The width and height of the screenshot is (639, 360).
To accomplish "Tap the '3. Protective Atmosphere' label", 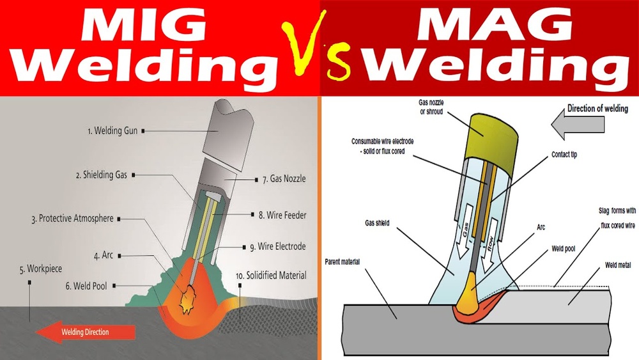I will coord(72,219).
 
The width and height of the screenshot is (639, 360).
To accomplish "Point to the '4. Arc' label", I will coord(104,256).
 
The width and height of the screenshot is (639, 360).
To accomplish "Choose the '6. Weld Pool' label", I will coord(86,286).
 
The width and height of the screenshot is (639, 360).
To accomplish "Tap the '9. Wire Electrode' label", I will coord(282,246).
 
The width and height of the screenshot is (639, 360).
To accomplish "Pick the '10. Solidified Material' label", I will coord(271,276).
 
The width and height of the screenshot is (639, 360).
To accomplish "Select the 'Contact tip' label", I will coord(564,155).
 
